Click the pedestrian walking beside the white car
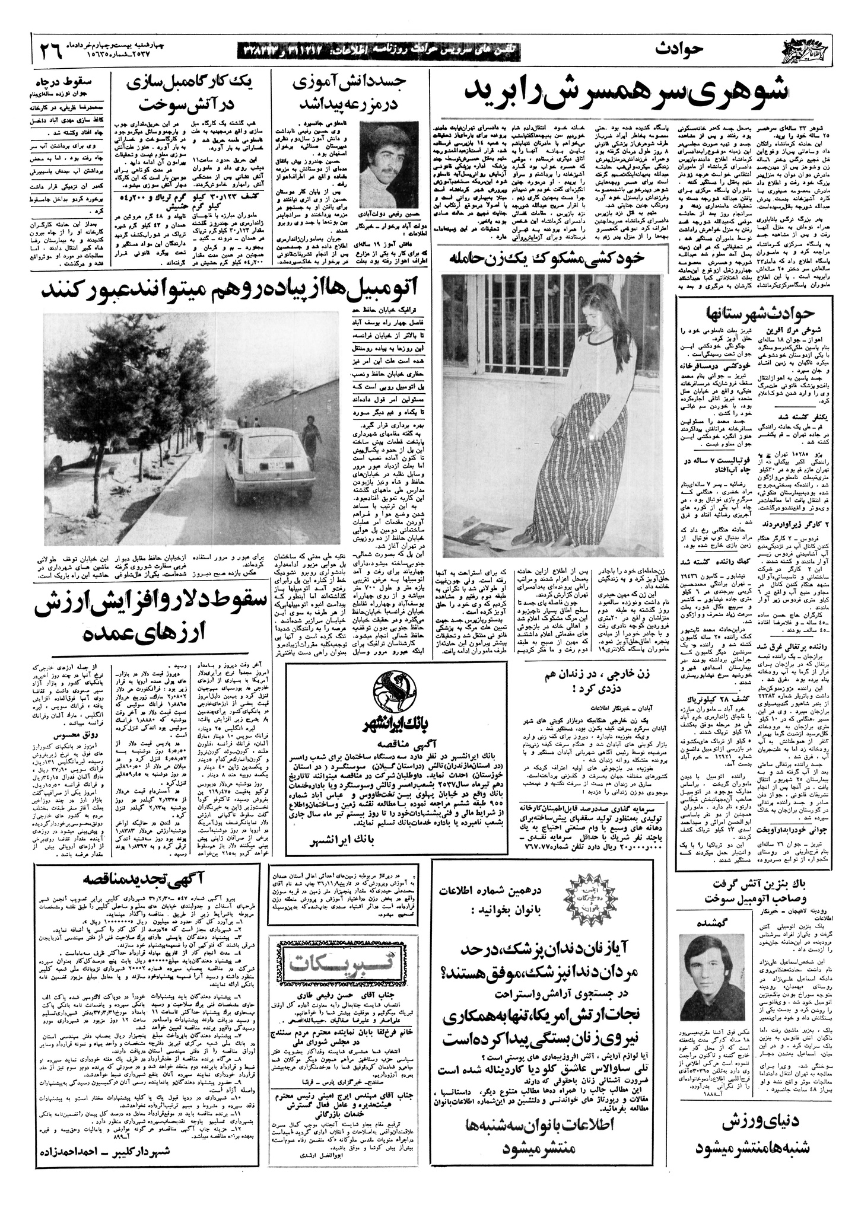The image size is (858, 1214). click(x=309, y=439)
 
